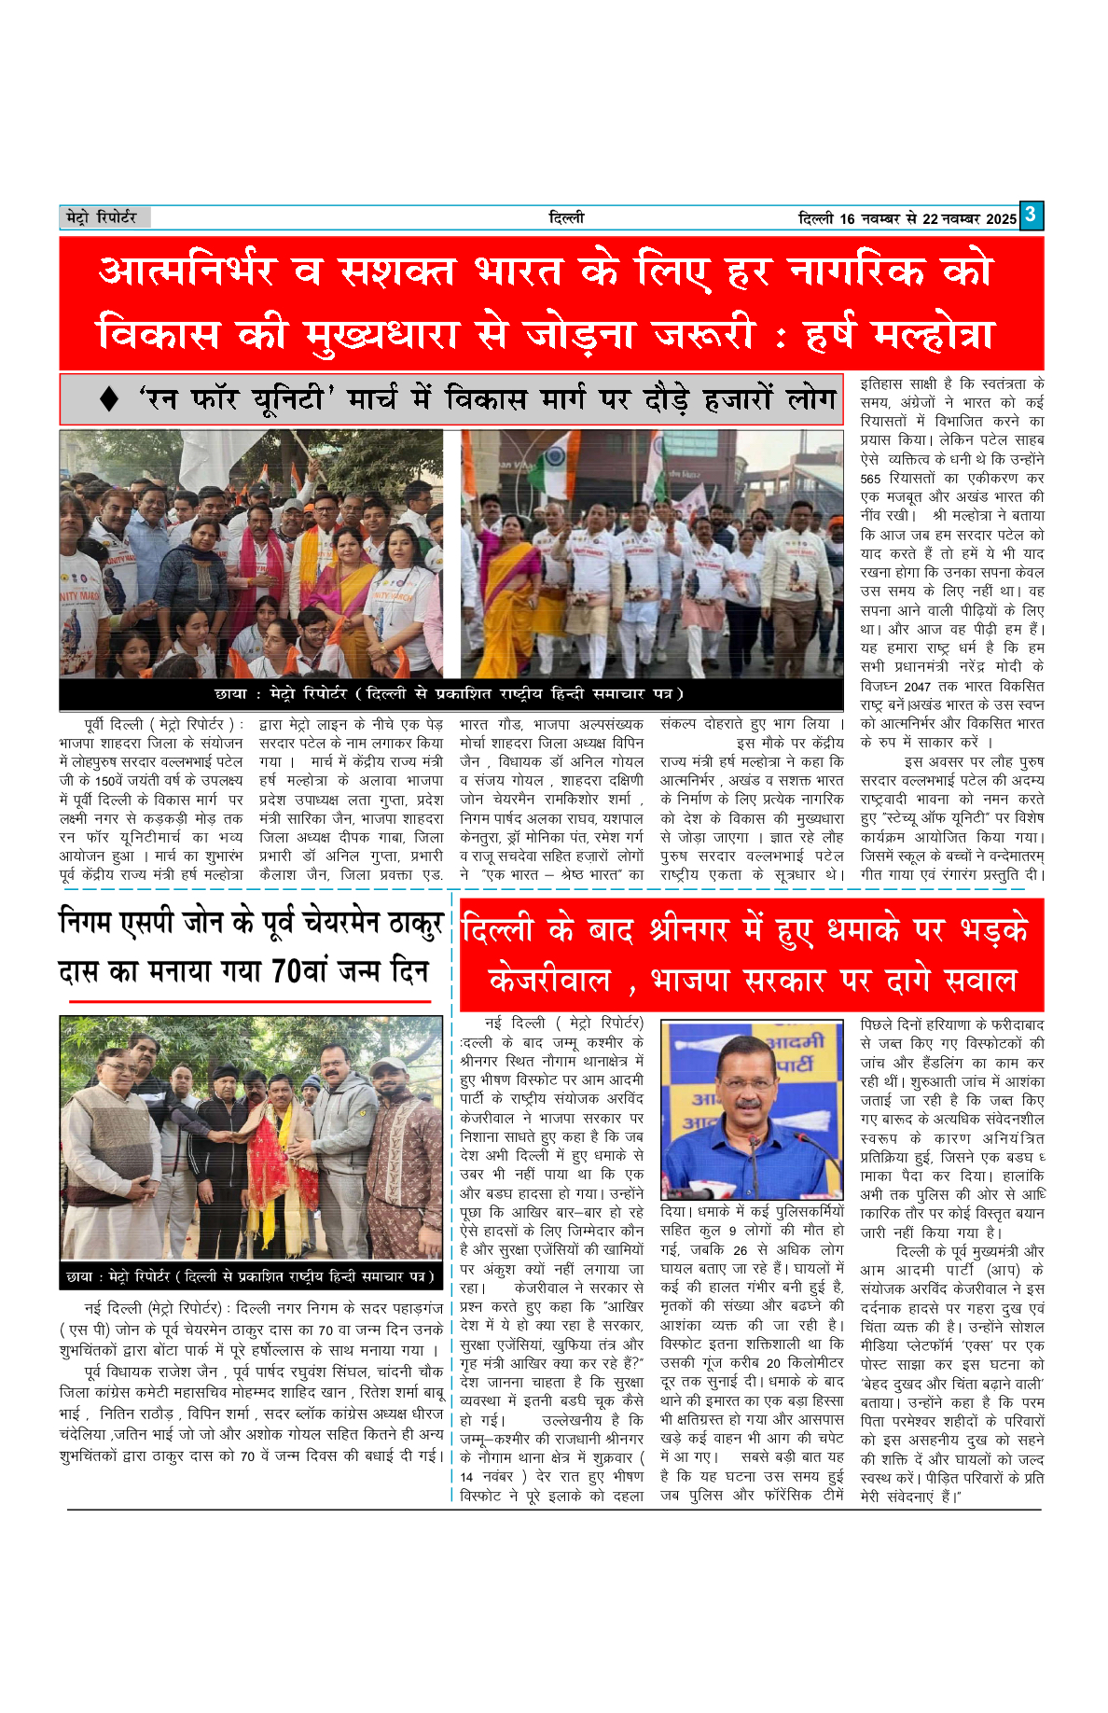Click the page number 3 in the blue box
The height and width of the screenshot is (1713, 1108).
(1030, 215)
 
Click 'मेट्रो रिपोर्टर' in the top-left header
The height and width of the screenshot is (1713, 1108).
(102, 217)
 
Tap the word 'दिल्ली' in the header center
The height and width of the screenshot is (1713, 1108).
(566, 217)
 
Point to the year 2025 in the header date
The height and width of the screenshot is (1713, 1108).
(1001, 219)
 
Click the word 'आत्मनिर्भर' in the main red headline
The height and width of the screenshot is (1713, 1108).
(187, 272)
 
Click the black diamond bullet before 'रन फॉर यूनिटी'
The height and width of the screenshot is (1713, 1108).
(109, 399)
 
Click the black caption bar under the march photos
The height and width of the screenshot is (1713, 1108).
(450, 694)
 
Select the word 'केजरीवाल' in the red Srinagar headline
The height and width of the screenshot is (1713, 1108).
(550, 981)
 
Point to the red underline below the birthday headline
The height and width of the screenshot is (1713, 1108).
(249, 1002)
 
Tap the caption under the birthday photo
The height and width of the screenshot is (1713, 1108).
(250, 1275)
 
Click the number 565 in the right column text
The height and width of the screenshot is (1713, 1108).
(871, 479)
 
